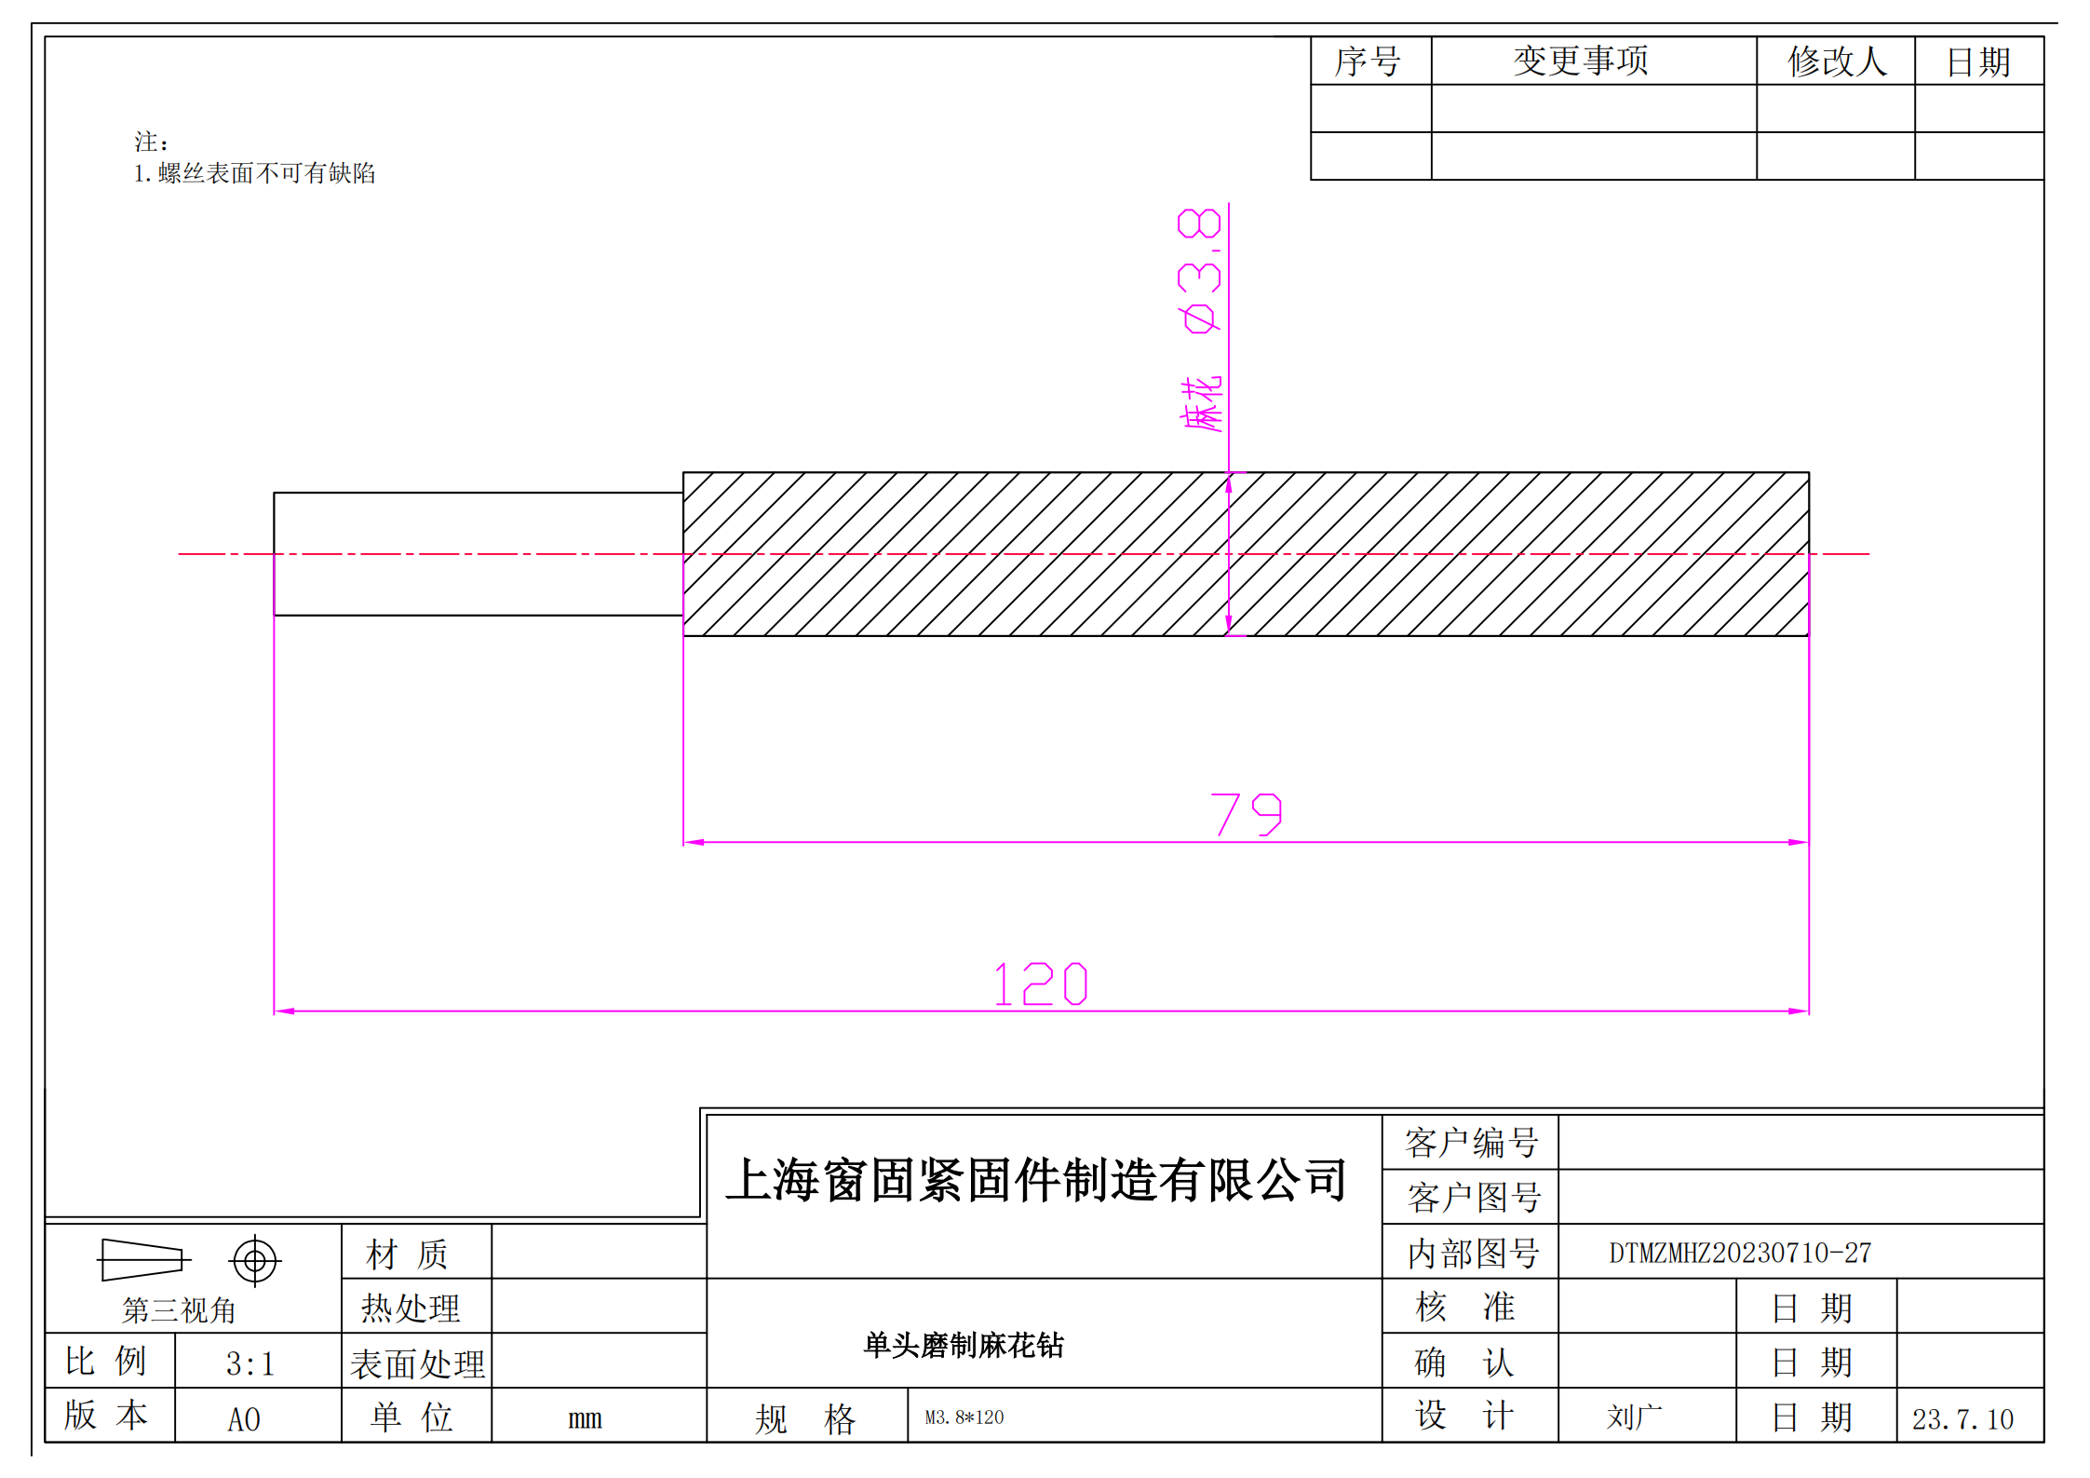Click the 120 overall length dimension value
pyautogui.click(x=1041, y=983)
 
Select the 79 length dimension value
pyautogui.click(x=1247, y=814)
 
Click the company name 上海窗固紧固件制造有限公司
pyautogui.click(x=1037, y=1180)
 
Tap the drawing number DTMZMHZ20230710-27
pyautogui.click(x=1740, y=1253)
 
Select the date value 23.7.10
pyautogui.click(x=1962, y=1419)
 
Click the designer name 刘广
pyautogui.click(x=1634, y=1417)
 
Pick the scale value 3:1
pyautogui.click(x=250, y=1364)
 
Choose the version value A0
pyautogui.click(x=244, y=1419)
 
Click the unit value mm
pyautogui.click(x=585, y=1418)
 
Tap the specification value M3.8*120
pyautogui.click(x=964, y=1417)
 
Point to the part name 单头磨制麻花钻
pyautogui.click(x=964, y=1345)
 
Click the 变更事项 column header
pyautogui.click(x=1581, y=61)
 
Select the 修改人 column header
pyautogui.click(x=1837, y=61)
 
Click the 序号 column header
pyautogui.click(x=1368, y=61)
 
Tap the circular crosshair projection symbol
pyautogui.click(x=255, y=1261)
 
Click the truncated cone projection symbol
pyautogui.click(x=144, y=1260)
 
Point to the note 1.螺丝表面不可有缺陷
pyautogui.click(x=254, y=173)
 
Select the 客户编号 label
pyautogui.click(x=1471, y=1143)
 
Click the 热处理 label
pyautogui.click(x=411, y=1309)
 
